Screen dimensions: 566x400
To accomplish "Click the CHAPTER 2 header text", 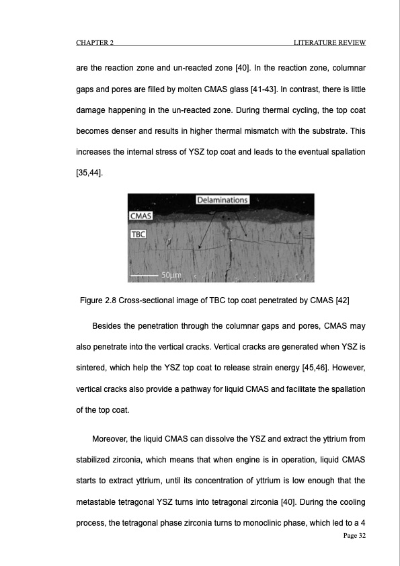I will pos(93,44).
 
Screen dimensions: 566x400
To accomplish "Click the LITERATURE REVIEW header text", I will pos(329,44).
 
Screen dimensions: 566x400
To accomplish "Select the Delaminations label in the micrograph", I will pos(223,200).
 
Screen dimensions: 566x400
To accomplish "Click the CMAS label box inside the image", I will pos(141,216).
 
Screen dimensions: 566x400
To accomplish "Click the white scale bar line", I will pos(143,275).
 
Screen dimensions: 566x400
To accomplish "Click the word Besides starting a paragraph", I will pos(111,327).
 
